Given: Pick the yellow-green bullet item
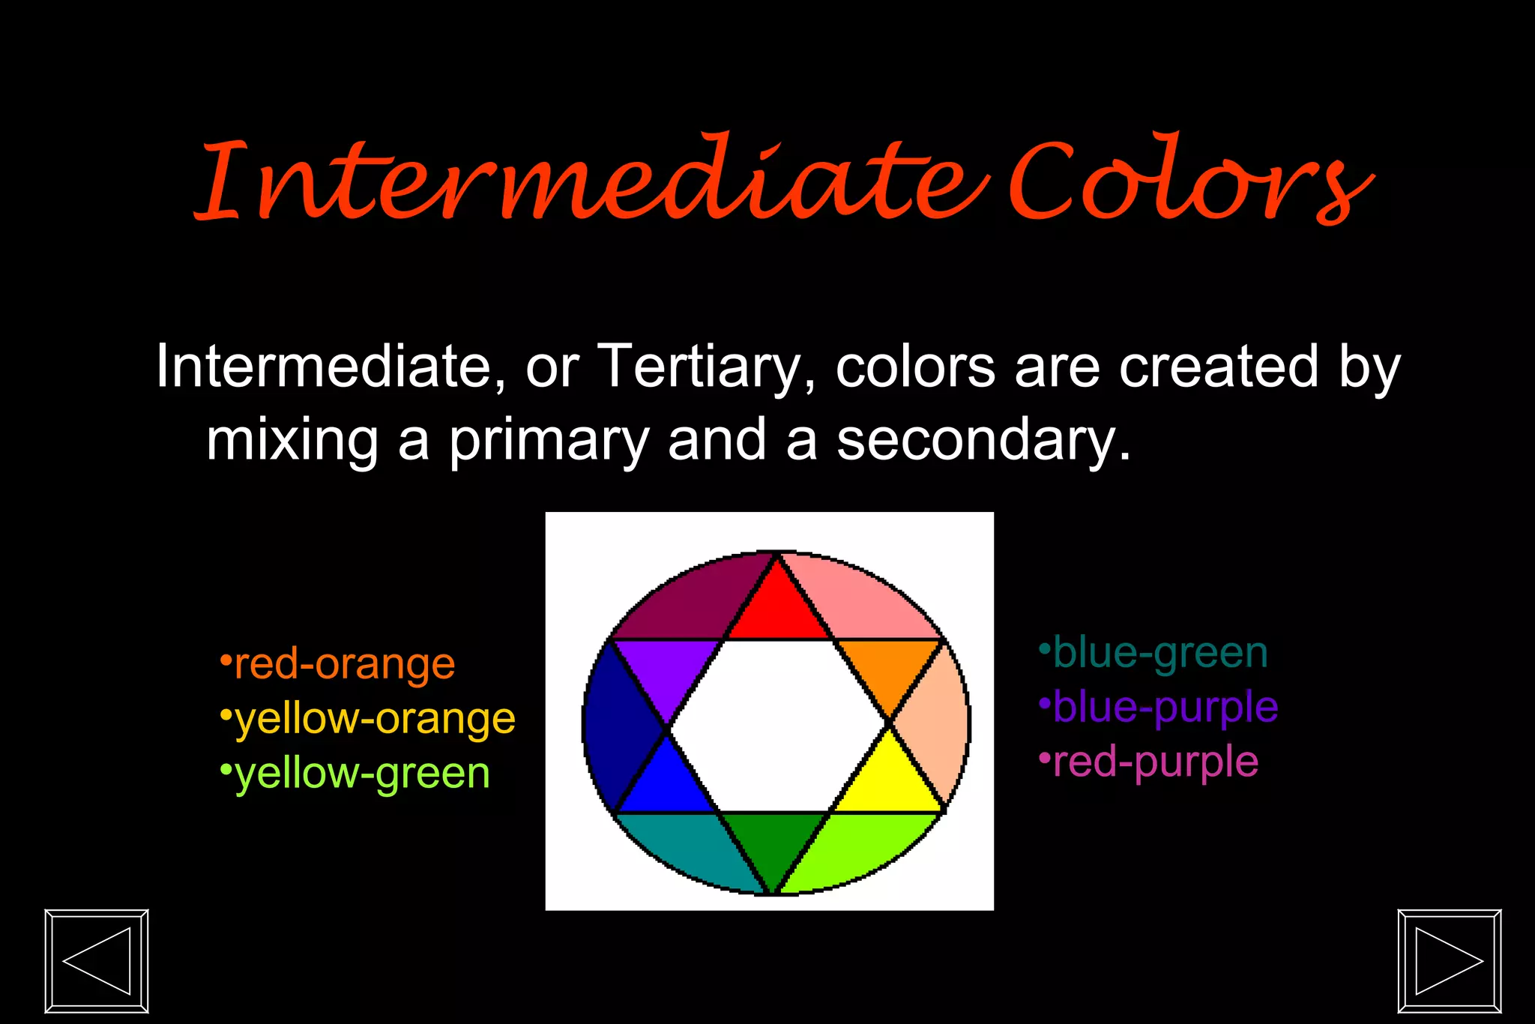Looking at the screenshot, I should click(357, 774).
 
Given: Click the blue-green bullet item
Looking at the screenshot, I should click(1154, 653).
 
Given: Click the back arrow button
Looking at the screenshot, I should click(97, 960).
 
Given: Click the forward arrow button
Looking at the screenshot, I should click(1450, 960).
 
